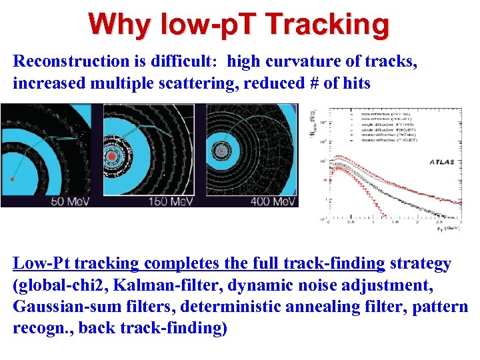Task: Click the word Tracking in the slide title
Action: coord(327,25)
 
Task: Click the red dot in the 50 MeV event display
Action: coord(12,179)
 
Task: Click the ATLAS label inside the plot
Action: coord(439,161)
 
